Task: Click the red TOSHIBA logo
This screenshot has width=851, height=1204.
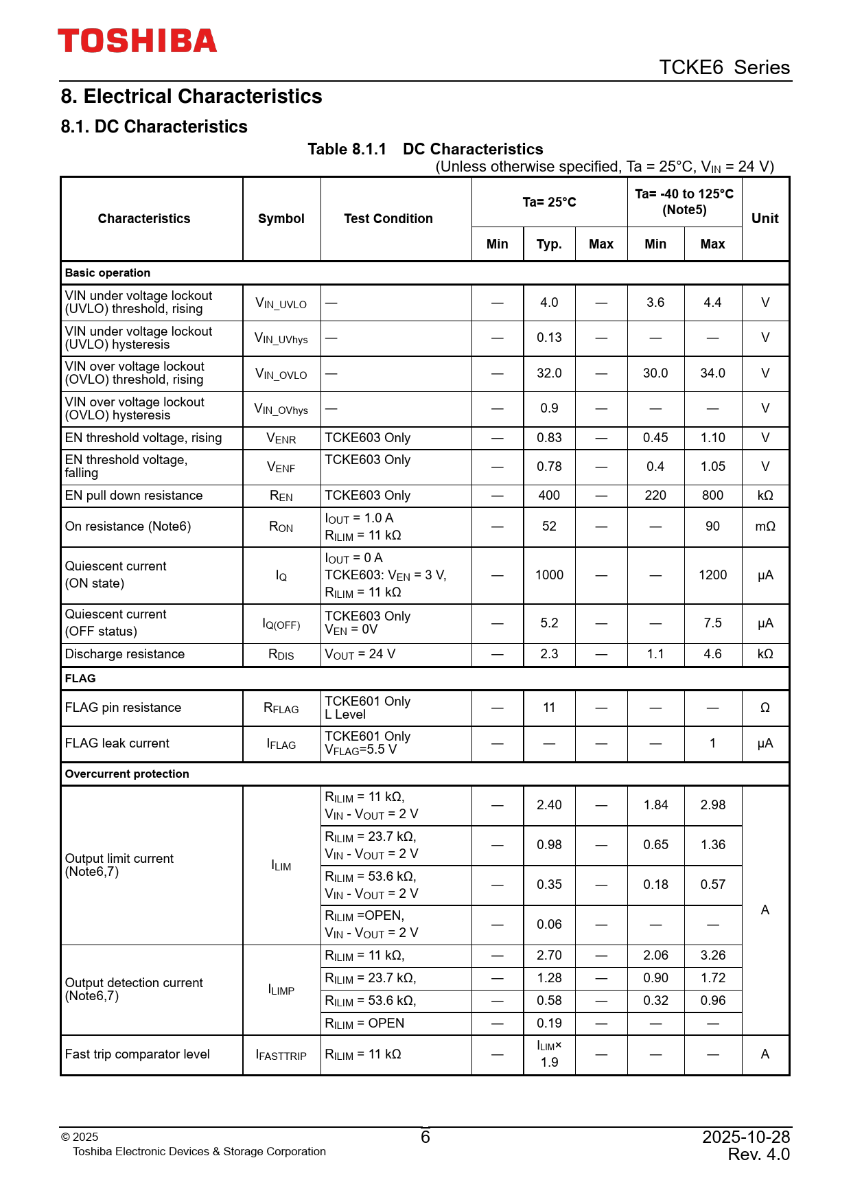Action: point(137,41)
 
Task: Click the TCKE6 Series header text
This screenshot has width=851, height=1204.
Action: point(724,67)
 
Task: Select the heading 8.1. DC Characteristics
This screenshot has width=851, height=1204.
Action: point(154,127)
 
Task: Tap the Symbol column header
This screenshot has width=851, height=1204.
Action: point(281,219)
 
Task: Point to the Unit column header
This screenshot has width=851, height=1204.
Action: point(765,218)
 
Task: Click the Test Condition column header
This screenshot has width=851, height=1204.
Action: point(388,219)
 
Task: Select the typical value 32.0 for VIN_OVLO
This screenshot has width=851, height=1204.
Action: point(549,373)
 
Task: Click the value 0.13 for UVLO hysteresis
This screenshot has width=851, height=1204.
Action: point(549,338)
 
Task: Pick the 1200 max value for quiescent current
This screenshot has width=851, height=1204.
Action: point(712,575)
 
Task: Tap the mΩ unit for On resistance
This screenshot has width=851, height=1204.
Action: point(765,526)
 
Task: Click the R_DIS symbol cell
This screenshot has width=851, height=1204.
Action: point(281,654)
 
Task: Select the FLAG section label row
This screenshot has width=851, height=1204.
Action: point(80,678)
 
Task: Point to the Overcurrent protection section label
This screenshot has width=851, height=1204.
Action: point(127,774)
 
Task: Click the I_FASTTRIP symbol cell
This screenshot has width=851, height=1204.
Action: point(281,1055)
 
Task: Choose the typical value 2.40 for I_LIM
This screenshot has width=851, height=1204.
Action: point(549,805)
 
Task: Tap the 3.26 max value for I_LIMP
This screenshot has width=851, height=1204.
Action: point(712,956)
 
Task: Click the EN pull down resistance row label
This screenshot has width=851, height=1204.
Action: point(134,496)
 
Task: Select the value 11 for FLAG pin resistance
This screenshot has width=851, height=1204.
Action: point(549,708)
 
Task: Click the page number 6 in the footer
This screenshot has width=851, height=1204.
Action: point(425,1137)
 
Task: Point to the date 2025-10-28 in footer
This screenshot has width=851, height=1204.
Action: point(746,1137)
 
